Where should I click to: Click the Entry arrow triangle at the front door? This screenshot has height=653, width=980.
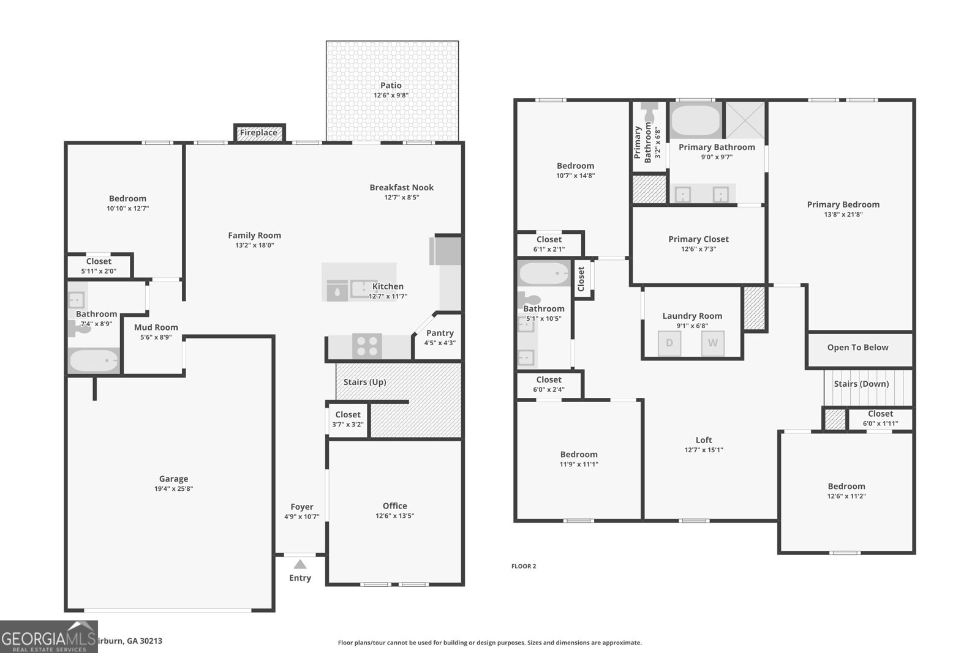(300, 564)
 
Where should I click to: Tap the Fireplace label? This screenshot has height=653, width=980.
(258, 133)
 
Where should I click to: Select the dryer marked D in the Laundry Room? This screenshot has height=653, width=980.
(669, 343)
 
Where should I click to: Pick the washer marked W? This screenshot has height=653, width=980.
(713, 343)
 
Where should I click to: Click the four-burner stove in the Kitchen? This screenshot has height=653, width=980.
(367, 346)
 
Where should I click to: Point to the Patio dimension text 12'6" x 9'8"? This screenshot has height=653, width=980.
(391, 95)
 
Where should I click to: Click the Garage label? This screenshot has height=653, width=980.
(173, 479)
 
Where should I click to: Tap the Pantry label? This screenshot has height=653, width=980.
(440, 333)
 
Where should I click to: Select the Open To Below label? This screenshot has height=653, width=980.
(858, 348)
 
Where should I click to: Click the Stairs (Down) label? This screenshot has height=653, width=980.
(861, 384)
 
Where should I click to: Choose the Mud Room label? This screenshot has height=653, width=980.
(156, 327)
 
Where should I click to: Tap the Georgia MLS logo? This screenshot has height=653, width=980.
(48, 637)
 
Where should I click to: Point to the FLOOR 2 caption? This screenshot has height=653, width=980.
(524, 566)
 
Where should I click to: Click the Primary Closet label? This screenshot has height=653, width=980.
(698, 239)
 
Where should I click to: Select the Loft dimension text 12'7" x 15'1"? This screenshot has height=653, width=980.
(704, 450)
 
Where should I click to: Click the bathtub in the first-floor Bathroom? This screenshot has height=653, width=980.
(94, 361)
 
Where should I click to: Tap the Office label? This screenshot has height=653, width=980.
(394, 506)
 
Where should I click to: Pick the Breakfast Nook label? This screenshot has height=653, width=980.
(401, 187)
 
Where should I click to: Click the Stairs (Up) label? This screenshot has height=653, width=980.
(364, 382)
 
